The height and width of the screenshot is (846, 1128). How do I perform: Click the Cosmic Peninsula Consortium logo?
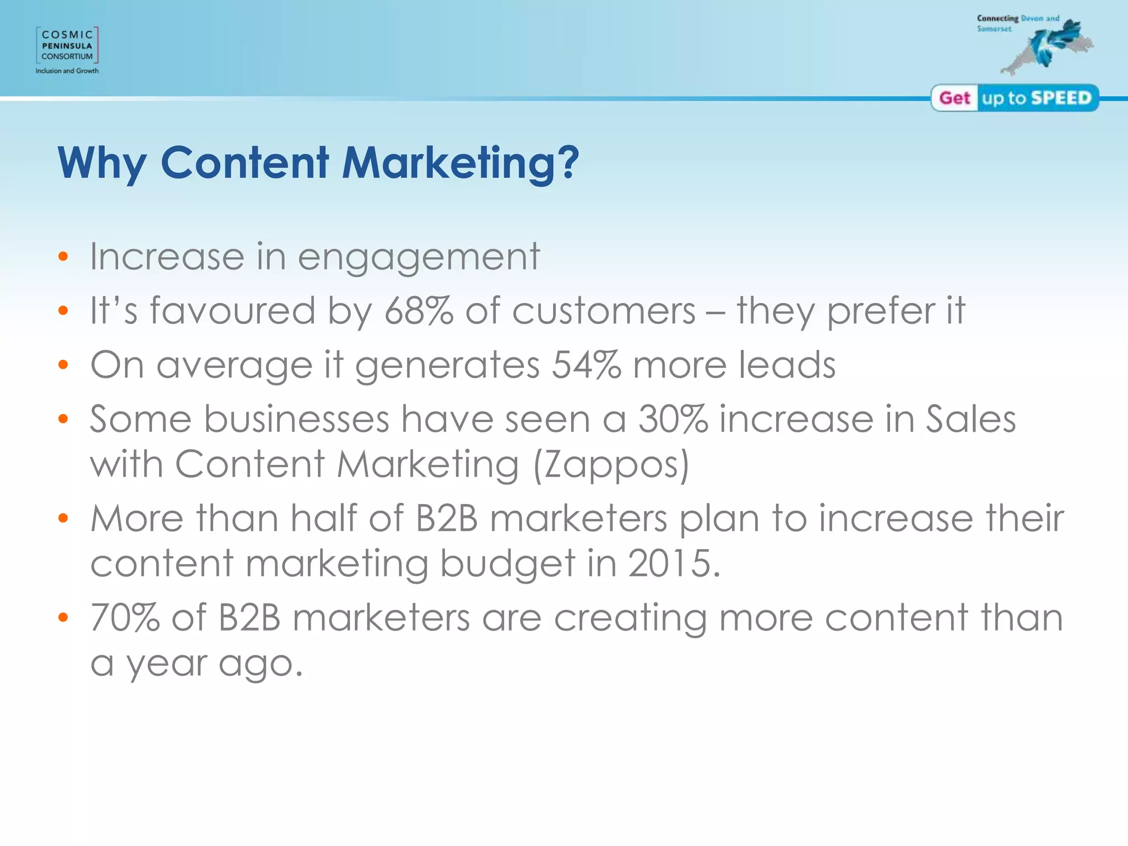click(67, 45)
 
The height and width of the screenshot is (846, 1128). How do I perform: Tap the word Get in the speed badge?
click(955, 98)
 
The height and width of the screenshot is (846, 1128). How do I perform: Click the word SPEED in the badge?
click(1061, 98)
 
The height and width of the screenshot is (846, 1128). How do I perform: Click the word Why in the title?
click(102, 164)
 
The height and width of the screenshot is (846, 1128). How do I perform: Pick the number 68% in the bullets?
click(419, 311)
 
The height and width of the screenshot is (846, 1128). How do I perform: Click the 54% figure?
click(586, 365)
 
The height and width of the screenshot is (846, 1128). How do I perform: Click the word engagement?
click(419, 258)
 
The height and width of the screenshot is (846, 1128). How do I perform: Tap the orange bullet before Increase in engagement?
click(63, 257)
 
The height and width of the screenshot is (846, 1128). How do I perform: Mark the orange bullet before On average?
click(63, 365)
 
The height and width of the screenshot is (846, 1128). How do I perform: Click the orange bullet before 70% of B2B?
click(63, 617)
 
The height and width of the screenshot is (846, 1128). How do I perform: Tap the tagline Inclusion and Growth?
click(67, 71)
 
